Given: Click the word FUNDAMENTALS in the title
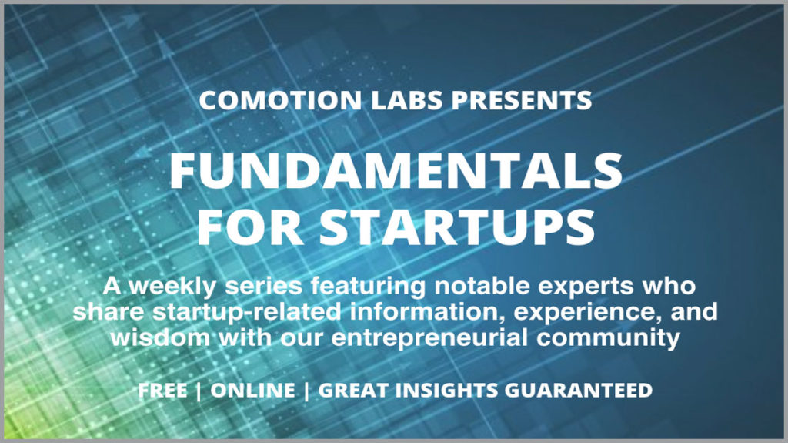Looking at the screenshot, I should [x=395, y=171].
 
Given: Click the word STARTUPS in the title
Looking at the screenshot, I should [x=456, y=226].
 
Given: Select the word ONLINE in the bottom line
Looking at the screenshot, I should [x=252, y=391].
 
